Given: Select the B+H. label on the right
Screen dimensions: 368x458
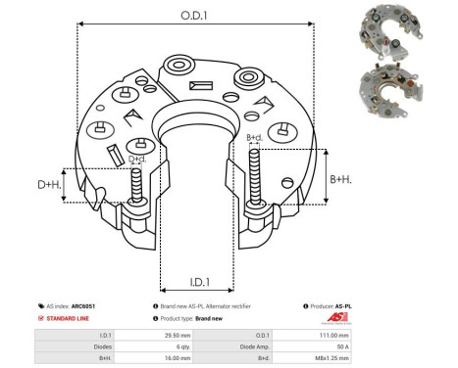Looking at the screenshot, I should point(341,179).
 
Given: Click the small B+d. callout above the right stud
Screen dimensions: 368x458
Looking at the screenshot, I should point(254,137).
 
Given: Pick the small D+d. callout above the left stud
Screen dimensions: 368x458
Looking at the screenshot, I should point(138,159).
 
